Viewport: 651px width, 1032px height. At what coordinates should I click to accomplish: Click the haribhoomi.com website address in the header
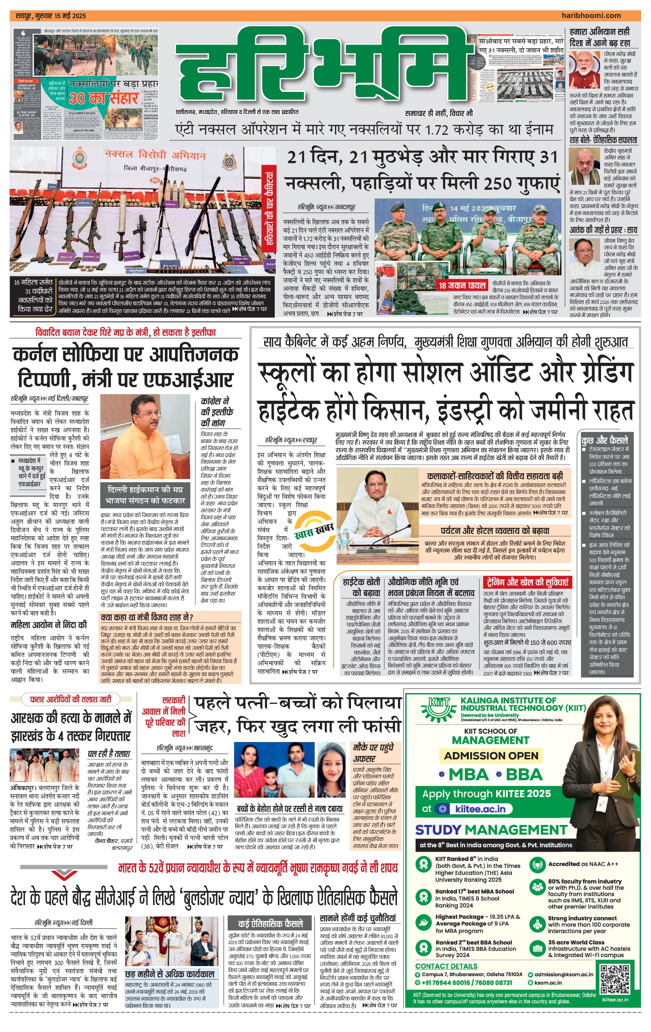(591, 15)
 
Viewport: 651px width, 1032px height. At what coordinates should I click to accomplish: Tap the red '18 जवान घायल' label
(462, 285)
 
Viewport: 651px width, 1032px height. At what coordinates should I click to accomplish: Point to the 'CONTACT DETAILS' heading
(446, 966)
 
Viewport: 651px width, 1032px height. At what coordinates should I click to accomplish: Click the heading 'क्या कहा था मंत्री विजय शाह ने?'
(147, 617)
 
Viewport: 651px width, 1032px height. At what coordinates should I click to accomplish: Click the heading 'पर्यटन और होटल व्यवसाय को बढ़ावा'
(495, 531)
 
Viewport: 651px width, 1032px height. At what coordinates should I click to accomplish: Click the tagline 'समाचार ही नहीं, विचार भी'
(439, 114)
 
